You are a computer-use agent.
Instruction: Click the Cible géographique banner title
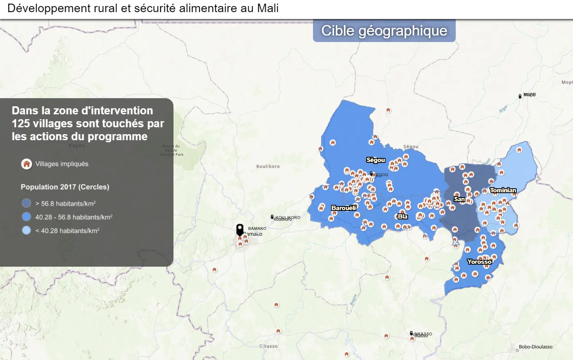[x=384, y=31]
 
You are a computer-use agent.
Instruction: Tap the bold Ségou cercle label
[x=376, y=160]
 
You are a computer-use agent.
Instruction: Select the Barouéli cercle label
[x=344, y=208]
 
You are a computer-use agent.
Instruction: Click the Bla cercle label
[x=403, y=217]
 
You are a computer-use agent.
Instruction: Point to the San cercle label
[x=459, y=199]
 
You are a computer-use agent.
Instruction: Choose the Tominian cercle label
[x=503, y=190]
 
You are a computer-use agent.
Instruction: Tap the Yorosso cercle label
[x=480, y=262]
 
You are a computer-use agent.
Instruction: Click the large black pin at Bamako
[x=240, y=229]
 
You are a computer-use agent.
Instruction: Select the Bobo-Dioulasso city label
[x=535, y=347]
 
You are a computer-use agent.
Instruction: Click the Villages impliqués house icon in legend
[x=27, y=164]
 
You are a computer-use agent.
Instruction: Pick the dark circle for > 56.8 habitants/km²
[x=27, y=203]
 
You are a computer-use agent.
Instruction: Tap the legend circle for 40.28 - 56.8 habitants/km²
[x=27, y=217]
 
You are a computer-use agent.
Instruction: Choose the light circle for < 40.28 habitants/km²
[x=27, y=231]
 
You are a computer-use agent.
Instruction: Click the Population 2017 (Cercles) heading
[x=65, y=187]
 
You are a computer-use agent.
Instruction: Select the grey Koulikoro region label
[x=268, y=166]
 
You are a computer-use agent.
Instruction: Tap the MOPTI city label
[x=529, y=95]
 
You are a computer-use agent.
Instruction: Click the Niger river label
[x=503, y=109]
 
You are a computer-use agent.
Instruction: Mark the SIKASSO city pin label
[x=423, y=334]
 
